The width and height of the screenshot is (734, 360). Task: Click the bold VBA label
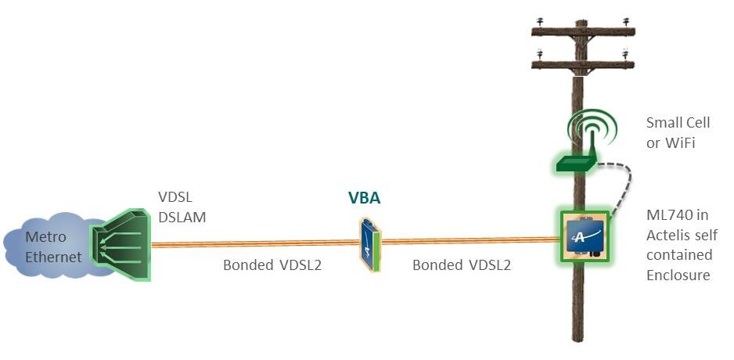(364, 198)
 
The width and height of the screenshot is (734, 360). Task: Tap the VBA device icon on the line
(370, 245)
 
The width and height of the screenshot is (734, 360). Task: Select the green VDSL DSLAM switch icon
(121, 244)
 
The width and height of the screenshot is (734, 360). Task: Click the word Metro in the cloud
(45, 236)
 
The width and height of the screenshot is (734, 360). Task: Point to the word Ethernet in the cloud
(53, 257)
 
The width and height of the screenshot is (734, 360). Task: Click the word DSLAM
(182, 218)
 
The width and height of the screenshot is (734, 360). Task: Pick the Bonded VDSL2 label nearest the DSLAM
(272, 265)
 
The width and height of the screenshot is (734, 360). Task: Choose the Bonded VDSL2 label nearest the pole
(461, 265)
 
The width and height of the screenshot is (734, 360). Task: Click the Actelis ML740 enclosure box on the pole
(585, 236)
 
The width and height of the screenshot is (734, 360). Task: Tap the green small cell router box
(576, 163)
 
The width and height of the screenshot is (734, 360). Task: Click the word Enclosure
(678, 275)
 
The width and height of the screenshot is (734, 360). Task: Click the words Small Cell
(678, 123)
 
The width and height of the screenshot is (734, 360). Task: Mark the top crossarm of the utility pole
(583, 32)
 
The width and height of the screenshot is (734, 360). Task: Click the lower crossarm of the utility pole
(583, 65)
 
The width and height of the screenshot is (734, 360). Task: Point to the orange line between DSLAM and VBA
(255, 243)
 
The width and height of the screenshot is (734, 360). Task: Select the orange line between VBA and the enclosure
(470, 241)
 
